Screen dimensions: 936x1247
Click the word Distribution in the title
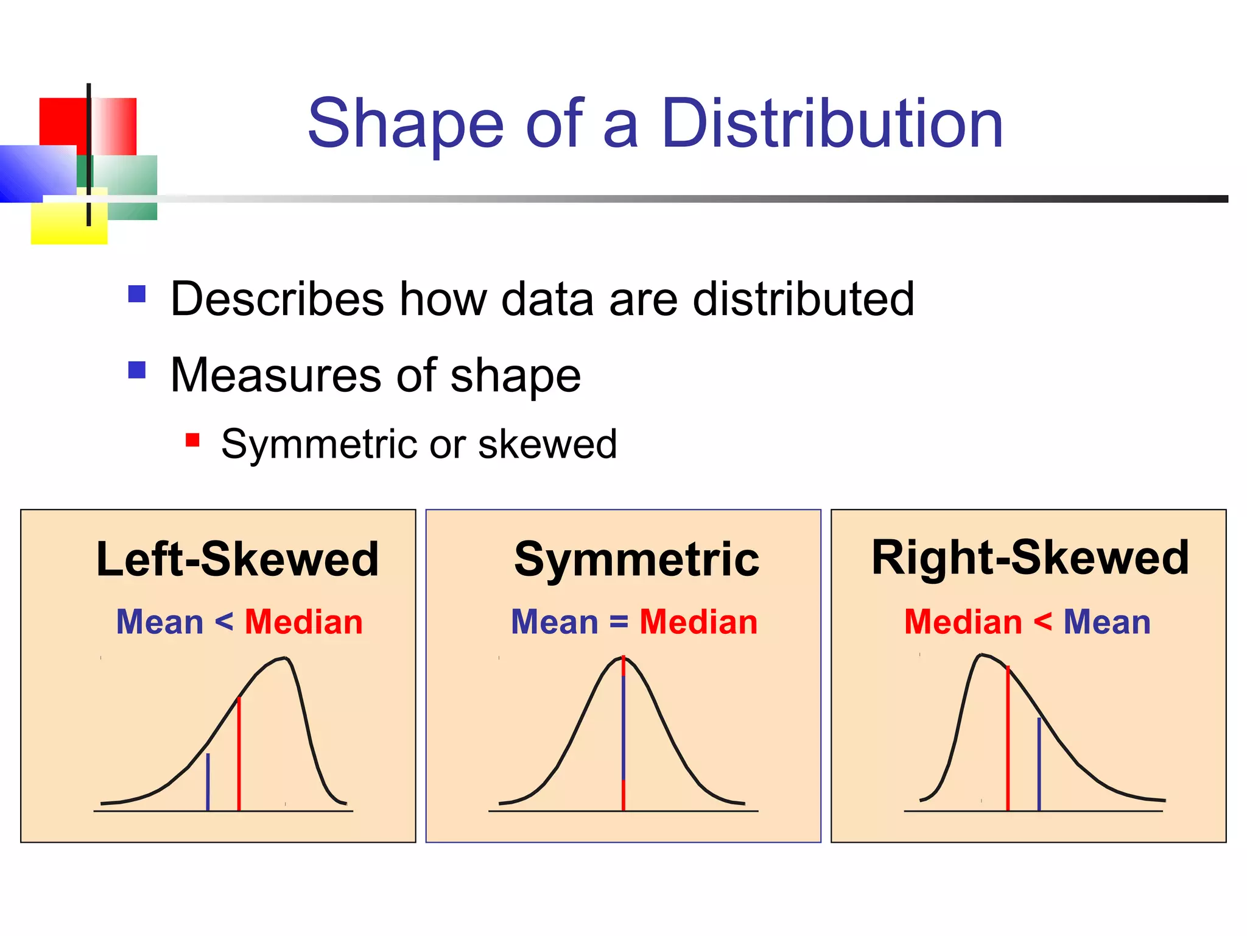point(832,124)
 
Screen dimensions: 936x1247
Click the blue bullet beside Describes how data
point(137,294)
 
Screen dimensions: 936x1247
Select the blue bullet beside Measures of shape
point(137,370)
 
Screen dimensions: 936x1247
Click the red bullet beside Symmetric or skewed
point(192,440)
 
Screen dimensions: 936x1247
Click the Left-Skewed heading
point(237,559)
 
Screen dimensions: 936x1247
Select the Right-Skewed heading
point(1030,558)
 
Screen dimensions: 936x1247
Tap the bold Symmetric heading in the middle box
point(636,559)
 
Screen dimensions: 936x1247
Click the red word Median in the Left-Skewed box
point(303,622)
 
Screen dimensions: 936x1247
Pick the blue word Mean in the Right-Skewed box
point(1106,622)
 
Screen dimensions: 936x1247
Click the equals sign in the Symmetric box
point(619,622)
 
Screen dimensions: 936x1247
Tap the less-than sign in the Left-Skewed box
point(223,622)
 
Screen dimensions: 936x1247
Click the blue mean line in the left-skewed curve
point(208,783)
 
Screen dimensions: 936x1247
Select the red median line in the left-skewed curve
point(239,756)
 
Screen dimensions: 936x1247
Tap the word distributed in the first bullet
point(804,299)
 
